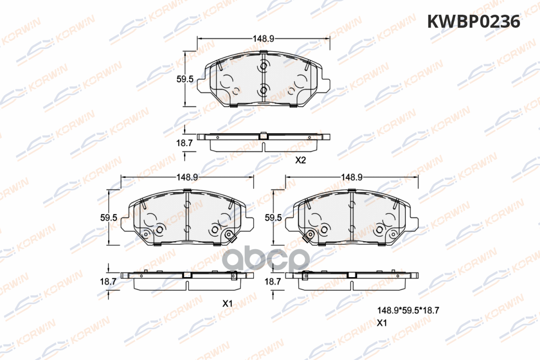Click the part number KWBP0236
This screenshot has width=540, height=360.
coord(473,22)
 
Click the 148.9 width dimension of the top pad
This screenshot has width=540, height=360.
coord(263,39)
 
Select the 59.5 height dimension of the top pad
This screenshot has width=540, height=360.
coord(185,79)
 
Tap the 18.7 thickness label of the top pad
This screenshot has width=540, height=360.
coord(184,143)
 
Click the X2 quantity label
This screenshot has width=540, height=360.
coord(301,160)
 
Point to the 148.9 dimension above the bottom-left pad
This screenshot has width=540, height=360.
coord(187,177)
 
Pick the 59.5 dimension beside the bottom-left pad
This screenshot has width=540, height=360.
coord(108,218)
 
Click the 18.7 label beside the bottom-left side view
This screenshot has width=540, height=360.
coord(108,282)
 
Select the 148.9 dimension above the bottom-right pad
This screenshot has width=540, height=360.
coord(352,177)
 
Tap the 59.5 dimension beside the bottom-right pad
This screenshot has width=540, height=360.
coord(273,218)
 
